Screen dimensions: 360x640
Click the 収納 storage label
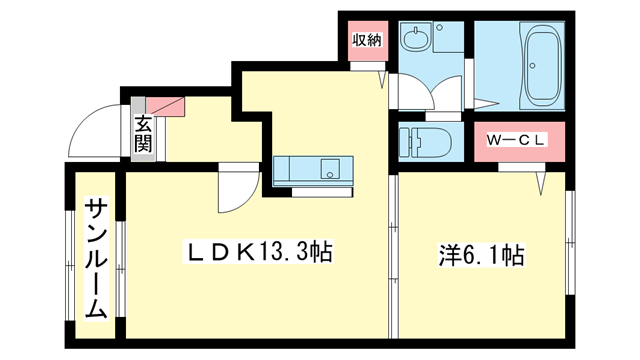click(x=366, y=40)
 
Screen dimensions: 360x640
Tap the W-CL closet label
click(x=515, y=141)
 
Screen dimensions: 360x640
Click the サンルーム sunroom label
click(x=96, y=257)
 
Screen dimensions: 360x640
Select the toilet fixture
click(x=426, y=141)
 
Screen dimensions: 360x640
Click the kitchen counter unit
click(x=312, y=169)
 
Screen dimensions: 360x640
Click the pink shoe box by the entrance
click(x=164, y=105)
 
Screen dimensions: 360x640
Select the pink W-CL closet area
click(x=515, y=141)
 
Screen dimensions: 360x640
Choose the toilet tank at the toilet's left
click(x=405, y=141)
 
